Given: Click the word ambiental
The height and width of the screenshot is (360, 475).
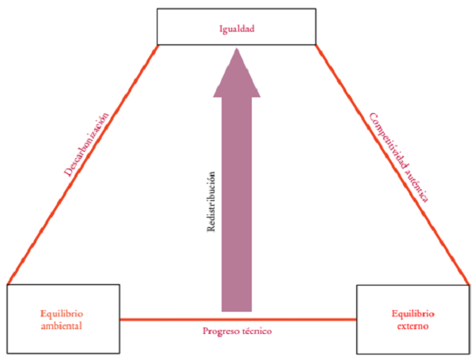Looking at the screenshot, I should (63, 324).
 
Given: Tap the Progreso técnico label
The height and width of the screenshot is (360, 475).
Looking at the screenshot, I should (237, 331).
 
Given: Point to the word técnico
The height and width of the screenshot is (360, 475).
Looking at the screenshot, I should (257, 331).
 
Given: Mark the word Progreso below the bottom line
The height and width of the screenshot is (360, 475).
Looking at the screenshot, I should (221, 331).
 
